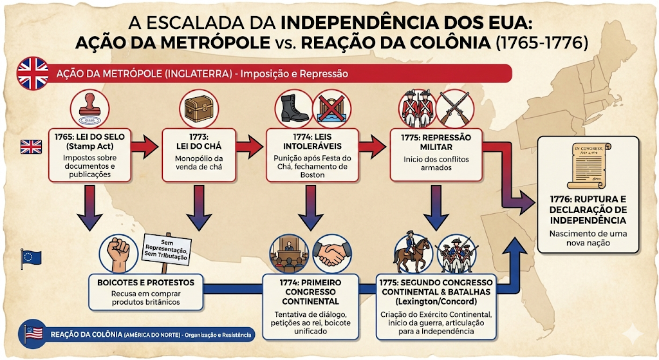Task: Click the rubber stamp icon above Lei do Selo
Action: pyautogui.click(x=90, y=109)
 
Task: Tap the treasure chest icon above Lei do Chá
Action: pyautogui.click(x=199, y=109)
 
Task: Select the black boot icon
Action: pyautogui.click(x=293, y=109)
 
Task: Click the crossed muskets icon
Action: pyautogui.click(x=454, y=109)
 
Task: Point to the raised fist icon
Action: pyautogui.click(x=118, y=254)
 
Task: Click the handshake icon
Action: pyautogui.click(x=331, y=254)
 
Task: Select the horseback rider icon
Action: pyautogui.click(x=412, y=253)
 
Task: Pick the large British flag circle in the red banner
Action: pyautogui.click(x=33, y=73)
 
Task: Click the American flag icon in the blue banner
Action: pyautogui.click(x=34, y=334)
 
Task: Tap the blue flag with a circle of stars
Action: pyautogui.click(x=31, y=258)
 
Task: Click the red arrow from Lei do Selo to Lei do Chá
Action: pyautogui.click(x=145, y=146)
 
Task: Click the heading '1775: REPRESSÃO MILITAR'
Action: pyautogui.click(x=436, y=142)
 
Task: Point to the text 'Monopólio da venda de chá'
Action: pyautogui.click(x=199, y=163)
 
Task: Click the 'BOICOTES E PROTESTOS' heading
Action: pyautogui.click(x=146, y=283)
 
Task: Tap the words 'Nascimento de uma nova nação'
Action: pyautogui.click(x=588, y=238)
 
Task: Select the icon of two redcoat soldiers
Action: pyautogui.click(x=418, y=108)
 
